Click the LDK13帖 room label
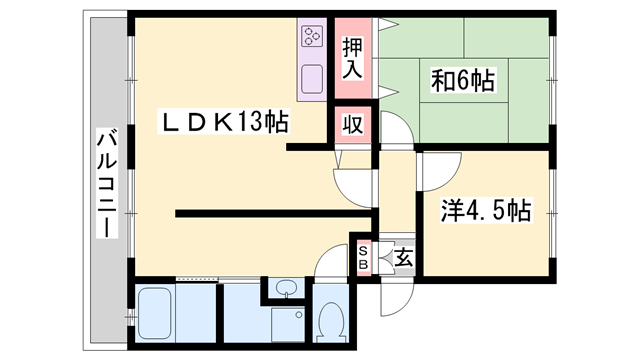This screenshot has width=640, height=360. [224, 121]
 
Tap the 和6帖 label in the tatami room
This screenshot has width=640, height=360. [463, 80]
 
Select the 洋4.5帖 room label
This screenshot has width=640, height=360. [486, 210]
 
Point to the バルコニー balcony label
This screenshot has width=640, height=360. [107, 182]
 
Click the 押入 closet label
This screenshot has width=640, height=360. [352, 58]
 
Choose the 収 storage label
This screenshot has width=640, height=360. [353, 124]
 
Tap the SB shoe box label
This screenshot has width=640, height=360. [363, 258]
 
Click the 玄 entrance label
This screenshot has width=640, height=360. [404, 257]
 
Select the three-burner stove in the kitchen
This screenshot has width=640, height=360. [312, 36]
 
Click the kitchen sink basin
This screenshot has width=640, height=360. [312, 79]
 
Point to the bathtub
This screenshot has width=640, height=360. [154, 313]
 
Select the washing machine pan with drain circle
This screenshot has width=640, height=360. [288, 324]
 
